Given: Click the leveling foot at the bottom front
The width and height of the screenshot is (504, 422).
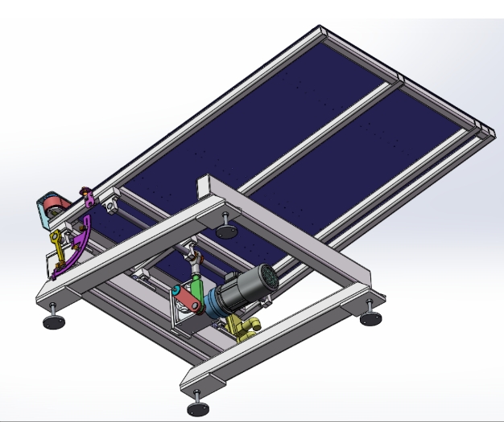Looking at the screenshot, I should point(196,408).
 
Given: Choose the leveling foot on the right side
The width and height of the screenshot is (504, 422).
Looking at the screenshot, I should point(371,318).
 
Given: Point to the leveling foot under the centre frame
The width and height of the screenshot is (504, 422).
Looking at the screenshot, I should point(226,231).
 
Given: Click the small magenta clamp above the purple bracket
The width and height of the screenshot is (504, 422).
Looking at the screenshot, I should point(84,194).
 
